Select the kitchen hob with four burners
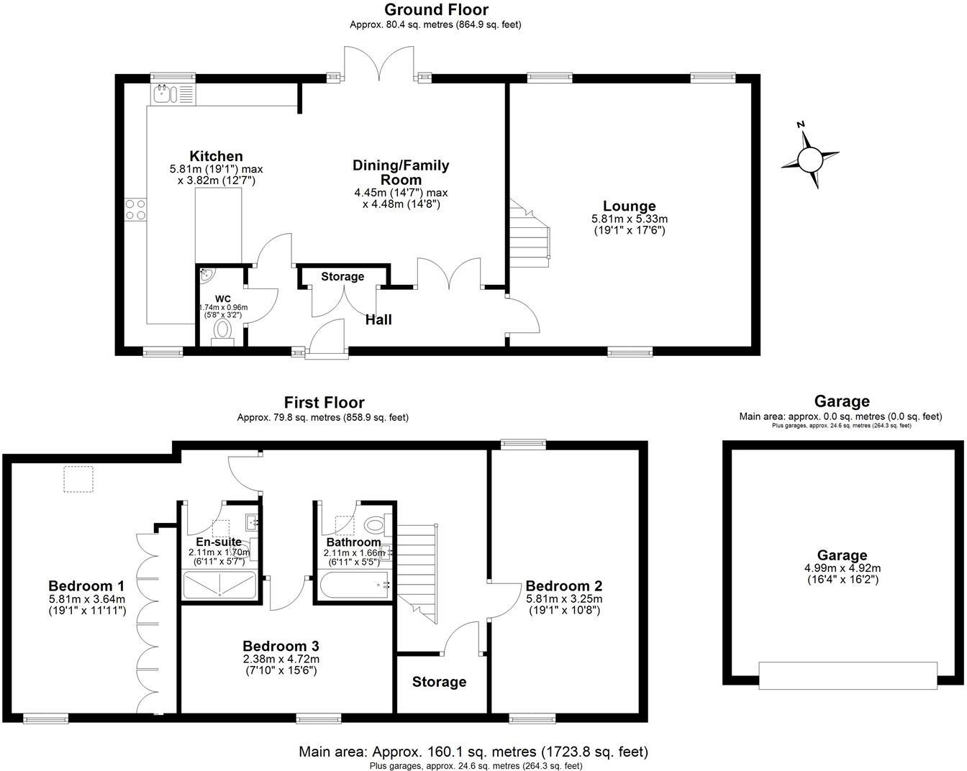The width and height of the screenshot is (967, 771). click(x=135, y=209)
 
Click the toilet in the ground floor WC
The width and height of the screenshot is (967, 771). click(x=223, y=331)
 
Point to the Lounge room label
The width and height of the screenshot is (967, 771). click(x=629, y=206)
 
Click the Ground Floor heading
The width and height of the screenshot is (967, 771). click(x=436, y=9)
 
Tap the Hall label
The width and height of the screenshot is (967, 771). click(x=378, y=319)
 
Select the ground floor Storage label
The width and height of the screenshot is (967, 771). click(x=342, y=276)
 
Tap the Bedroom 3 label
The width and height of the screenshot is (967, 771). click(x=281, y=646)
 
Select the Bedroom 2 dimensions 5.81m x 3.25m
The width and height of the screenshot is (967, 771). click(x=563, y=598)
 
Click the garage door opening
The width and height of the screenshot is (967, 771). click(x=848, y=675)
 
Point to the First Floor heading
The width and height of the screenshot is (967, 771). click(x=324, y=403)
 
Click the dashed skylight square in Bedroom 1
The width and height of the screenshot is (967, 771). click(x=78, y=479)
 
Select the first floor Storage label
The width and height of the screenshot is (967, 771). click(x=439, y=682)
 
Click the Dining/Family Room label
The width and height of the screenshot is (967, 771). click(x=401, y=172)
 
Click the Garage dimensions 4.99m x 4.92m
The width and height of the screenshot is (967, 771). click(x=842, y=567)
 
